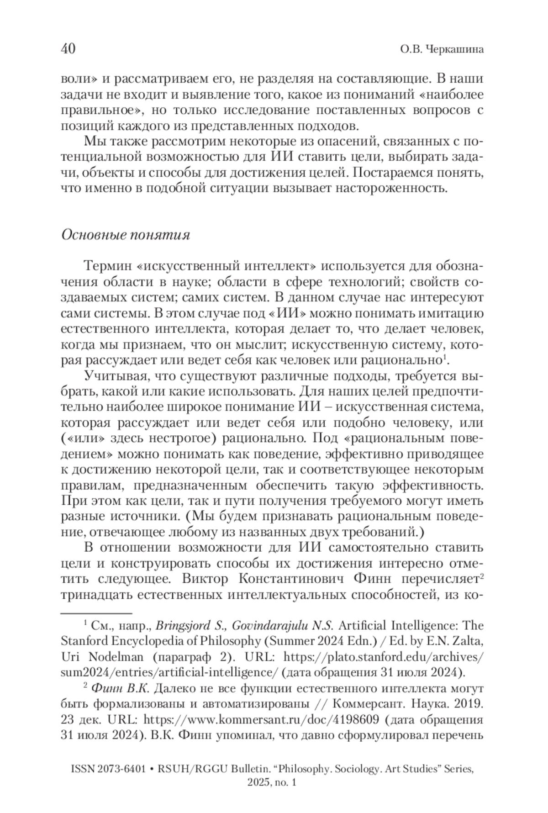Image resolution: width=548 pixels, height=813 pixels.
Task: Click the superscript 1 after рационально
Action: click(x=445, y=357)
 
